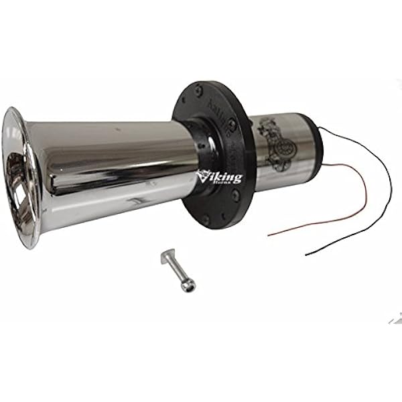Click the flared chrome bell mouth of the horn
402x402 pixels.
click(23, 178)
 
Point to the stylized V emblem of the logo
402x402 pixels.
click(203, 176)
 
